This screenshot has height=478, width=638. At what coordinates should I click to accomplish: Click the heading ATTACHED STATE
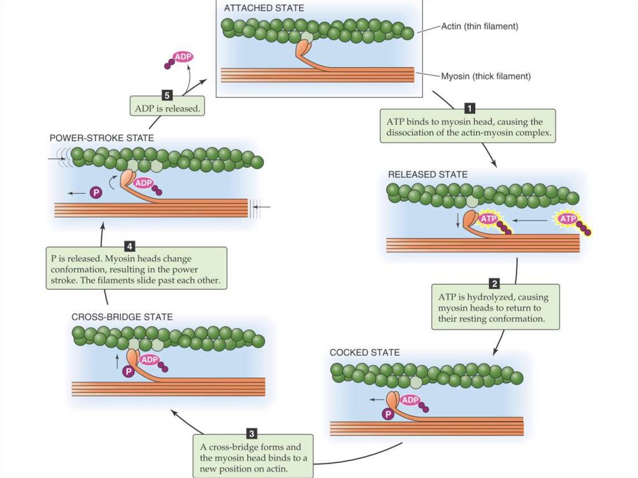(264, 8)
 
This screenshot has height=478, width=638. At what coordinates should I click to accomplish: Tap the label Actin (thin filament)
(479, 26)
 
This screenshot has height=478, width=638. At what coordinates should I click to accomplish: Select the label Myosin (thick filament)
(485, 76)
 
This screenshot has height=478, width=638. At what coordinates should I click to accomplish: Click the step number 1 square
(470, 107)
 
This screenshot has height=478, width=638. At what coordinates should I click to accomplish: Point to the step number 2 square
(493, 282)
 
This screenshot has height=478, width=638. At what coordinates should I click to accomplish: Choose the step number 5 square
(167, 95)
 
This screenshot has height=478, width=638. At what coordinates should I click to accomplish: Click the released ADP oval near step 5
(183, 57)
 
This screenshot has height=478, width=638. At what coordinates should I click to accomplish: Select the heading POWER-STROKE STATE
(101, 138)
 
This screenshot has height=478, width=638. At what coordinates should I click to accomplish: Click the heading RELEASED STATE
(427, 174)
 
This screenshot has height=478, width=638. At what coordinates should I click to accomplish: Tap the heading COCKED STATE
(364, 353)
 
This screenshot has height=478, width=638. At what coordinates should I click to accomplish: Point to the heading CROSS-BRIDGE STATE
(122, 317)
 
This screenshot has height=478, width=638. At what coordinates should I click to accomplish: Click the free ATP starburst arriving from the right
(568, 219)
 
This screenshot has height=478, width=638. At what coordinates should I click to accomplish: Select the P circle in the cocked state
(388, 413)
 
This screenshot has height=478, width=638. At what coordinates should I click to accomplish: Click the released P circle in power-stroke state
(95, 193)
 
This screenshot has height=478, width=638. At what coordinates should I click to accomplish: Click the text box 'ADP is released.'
(167, 108)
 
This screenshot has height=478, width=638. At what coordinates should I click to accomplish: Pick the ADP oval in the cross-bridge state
(150, 360)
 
